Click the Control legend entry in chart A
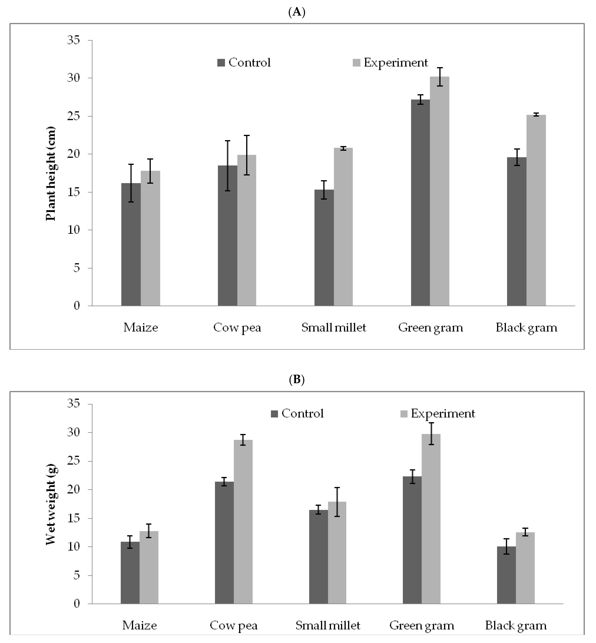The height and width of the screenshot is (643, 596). point(244,63)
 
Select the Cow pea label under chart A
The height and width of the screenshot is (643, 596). point(237,328)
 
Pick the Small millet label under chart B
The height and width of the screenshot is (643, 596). point(328,626)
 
